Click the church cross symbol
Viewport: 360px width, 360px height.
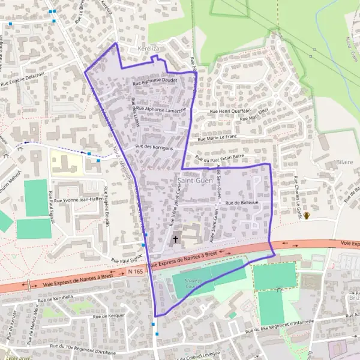click(176, 239)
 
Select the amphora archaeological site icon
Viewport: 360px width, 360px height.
click(307, 215)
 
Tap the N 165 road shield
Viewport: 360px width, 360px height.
click(136, 272)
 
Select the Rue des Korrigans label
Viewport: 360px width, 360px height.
click(154, 147)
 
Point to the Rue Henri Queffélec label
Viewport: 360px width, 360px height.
click(230, 111)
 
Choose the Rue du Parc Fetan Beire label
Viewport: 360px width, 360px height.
click(220, 158)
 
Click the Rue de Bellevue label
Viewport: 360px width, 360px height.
click(241, 203)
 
